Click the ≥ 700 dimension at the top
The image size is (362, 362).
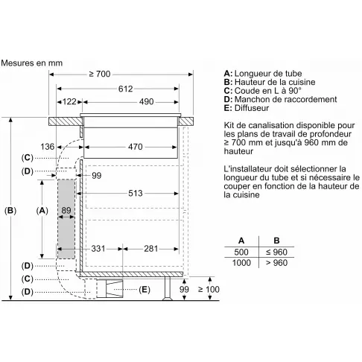(100, 74)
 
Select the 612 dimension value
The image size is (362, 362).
(126, 89)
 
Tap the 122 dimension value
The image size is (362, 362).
(69, 102)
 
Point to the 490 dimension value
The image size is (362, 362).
(147, 102)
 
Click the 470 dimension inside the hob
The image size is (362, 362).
(136, 147)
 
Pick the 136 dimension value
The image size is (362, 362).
(47, 147)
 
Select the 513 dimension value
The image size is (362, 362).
(136, 194)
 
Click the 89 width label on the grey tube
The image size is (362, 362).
(66, 211)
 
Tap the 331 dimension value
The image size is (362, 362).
(98, 249)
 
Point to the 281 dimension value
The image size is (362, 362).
(151, 249)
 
